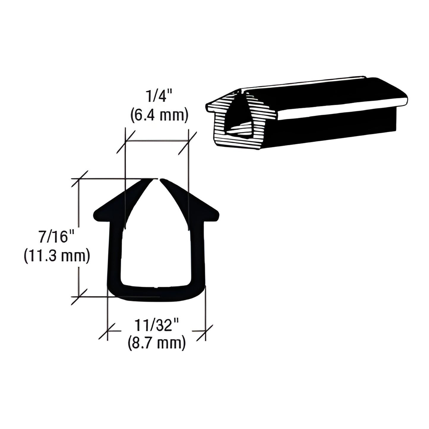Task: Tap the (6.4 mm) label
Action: point(159,115)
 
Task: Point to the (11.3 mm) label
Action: point(57,256)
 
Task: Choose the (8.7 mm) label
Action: point(157,343)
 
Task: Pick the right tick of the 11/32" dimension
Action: point(205,331)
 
